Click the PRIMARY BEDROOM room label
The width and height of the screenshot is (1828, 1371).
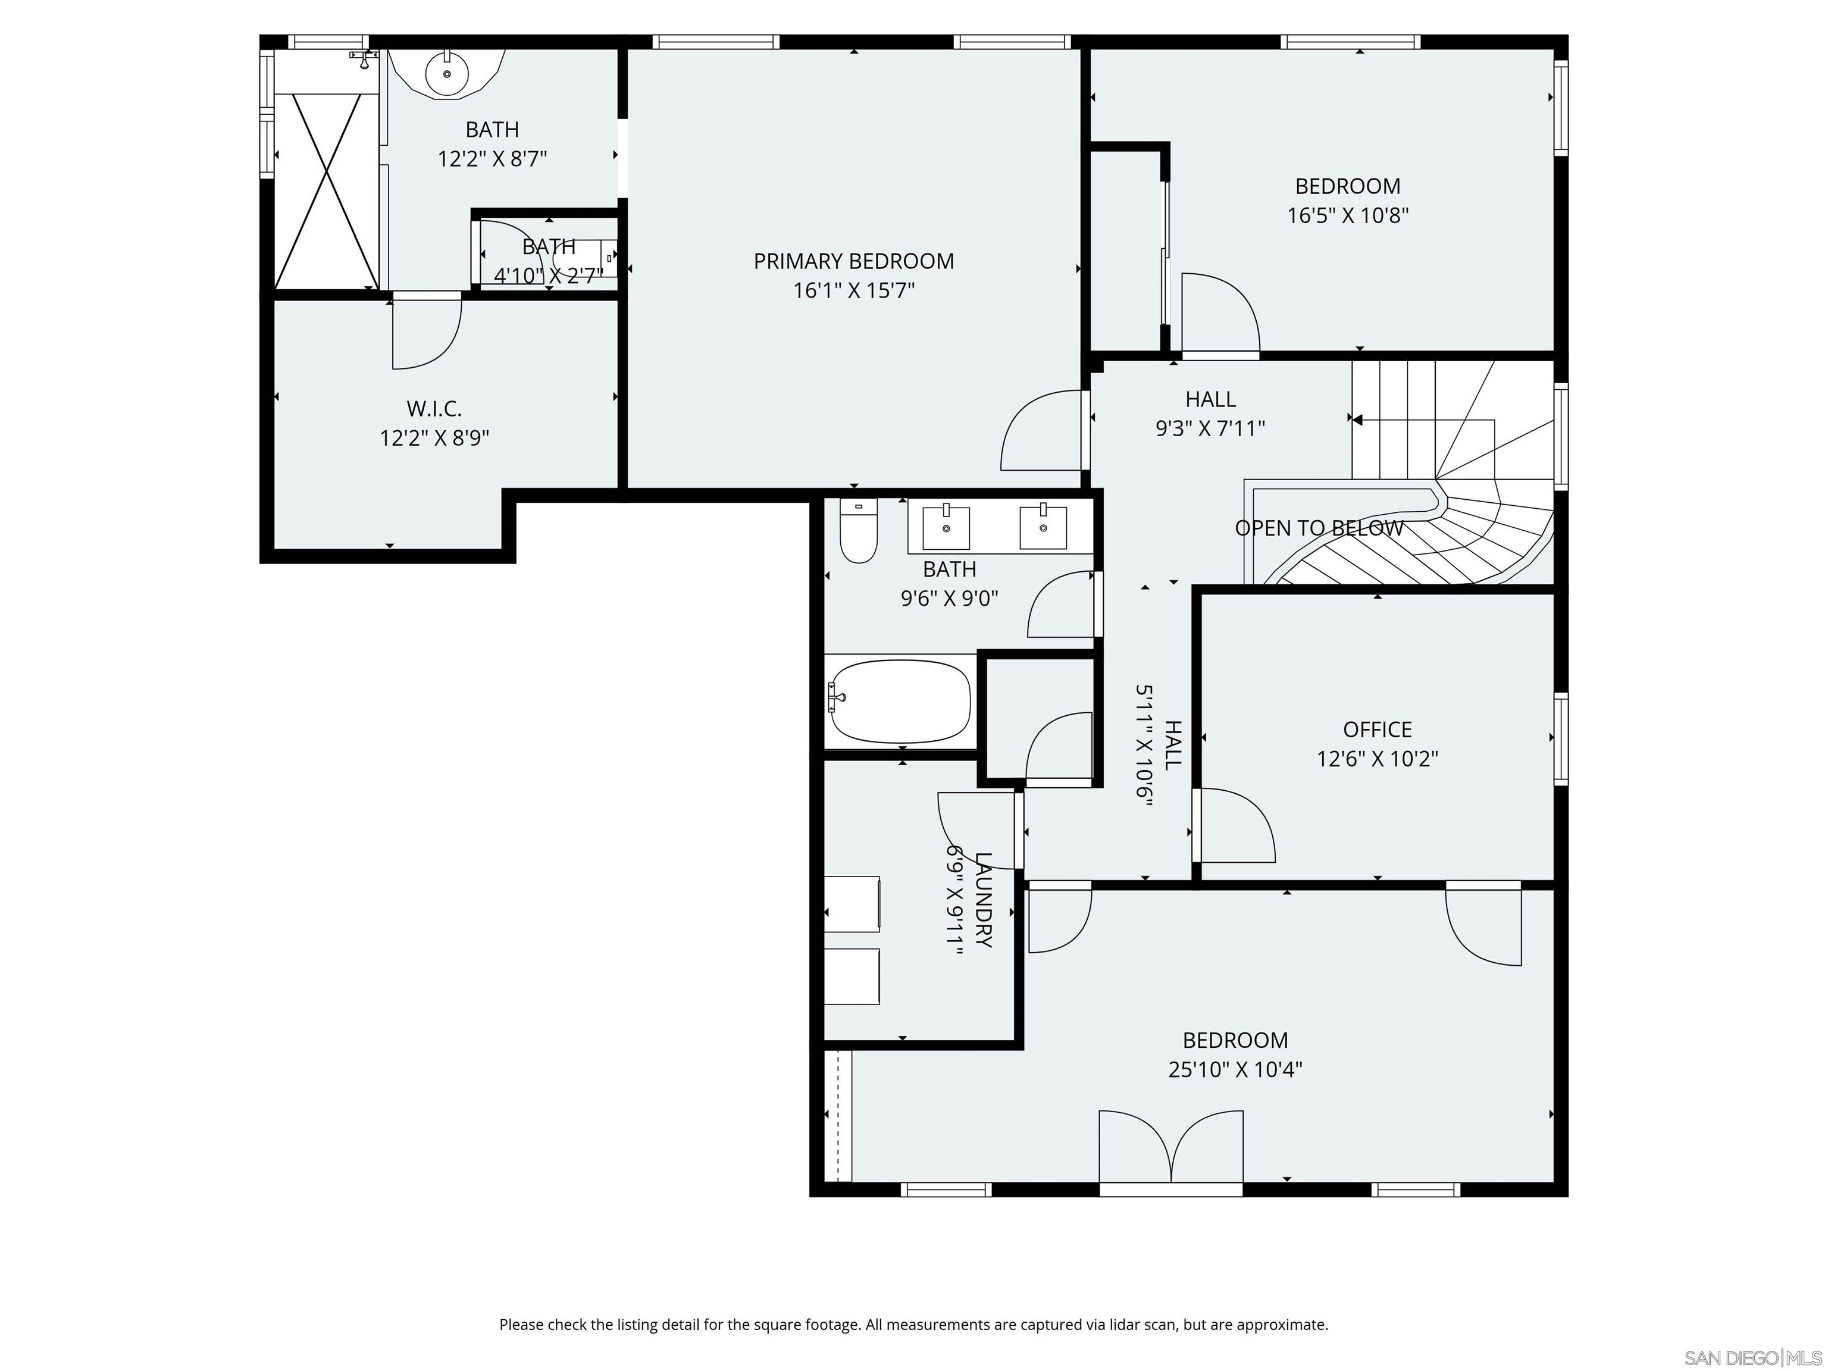854,261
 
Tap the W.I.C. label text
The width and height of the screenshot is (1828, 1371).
434,408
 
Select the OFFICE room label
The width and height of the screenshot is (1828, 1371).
1378,730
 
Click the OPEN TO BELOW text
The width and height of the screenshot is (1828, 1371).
1319,528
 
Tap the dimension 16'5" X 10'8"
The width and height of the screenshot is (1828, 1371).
1348,215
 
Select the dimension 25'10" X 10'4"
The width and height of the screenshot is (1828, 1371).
1235,1069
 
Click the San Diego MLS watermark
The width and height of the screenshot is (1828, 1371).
1752,1358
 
